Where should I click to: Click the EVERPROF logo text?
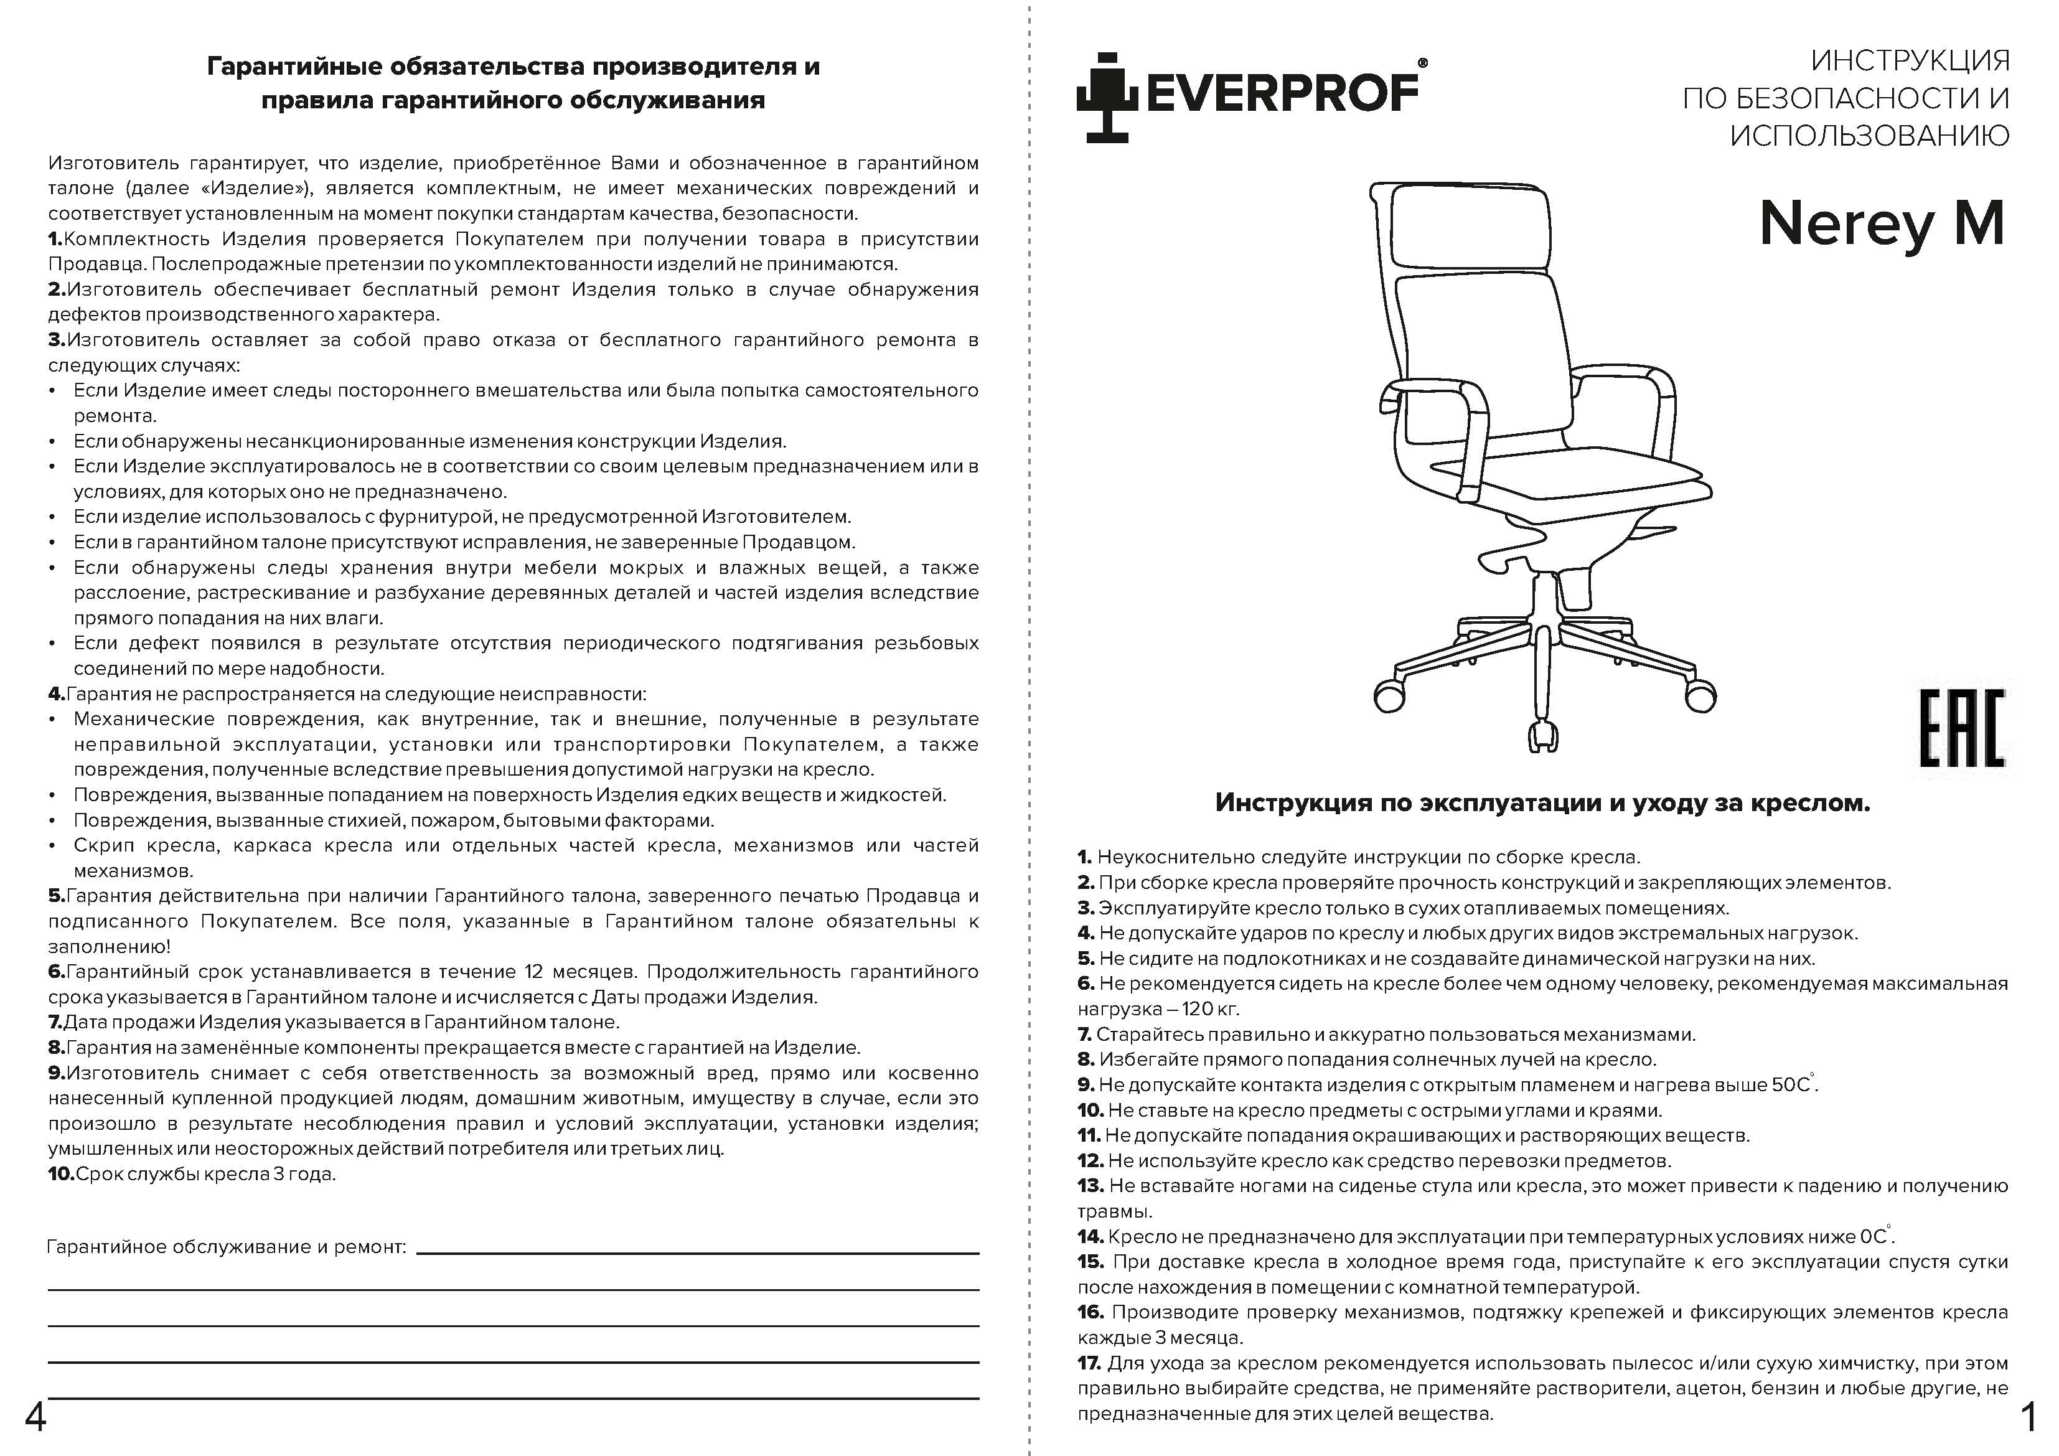pyautogui.click(x=1282, y=92)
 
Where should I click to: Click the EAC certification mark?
pyautogui.click(x=1961, y=728)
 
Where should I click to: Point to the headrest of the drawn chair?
pyautogui.click(x=1463, y=226)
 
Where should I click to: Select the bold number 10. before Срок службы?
pyautogui.click(x=61, y=1174)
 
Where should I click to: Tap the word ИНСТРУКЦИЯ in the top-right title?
pyautogui.click(x=1910, y=61)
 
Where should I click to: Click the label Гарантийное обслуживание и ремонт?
pyautogui.click(x=226, y=1247)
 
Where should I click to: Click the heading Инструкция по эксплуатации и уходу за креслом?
pyautogui.click(x=1542, y=802)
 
